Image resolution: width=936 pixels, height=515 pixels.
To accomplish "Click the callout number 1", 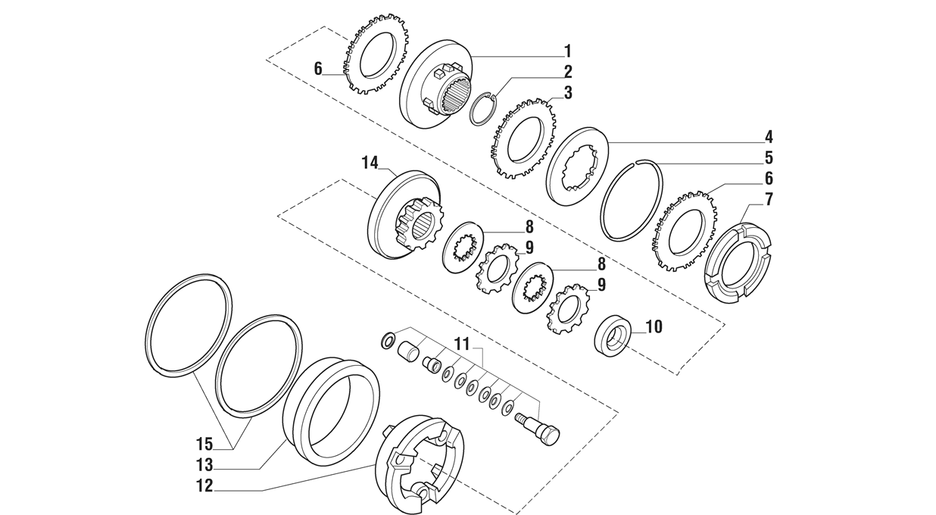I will coord(567,51).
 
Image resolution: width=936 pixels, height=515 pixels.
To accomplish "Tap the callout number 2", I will coord(567,72).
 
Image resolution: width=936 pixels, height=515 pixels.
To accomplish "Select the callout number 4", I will coord(769,137).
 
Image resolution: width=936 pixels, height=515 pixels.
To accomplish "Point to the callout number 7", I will coord(769,200).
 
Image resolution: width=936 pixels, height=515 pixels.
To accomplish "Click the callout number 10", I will coord(653,327).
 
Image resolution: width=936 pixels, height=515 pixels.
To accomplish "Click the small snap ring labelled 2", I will coord(481,110).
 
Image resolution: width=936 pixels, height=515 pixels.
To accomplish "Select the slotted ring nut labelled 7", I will coord(736,263).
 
